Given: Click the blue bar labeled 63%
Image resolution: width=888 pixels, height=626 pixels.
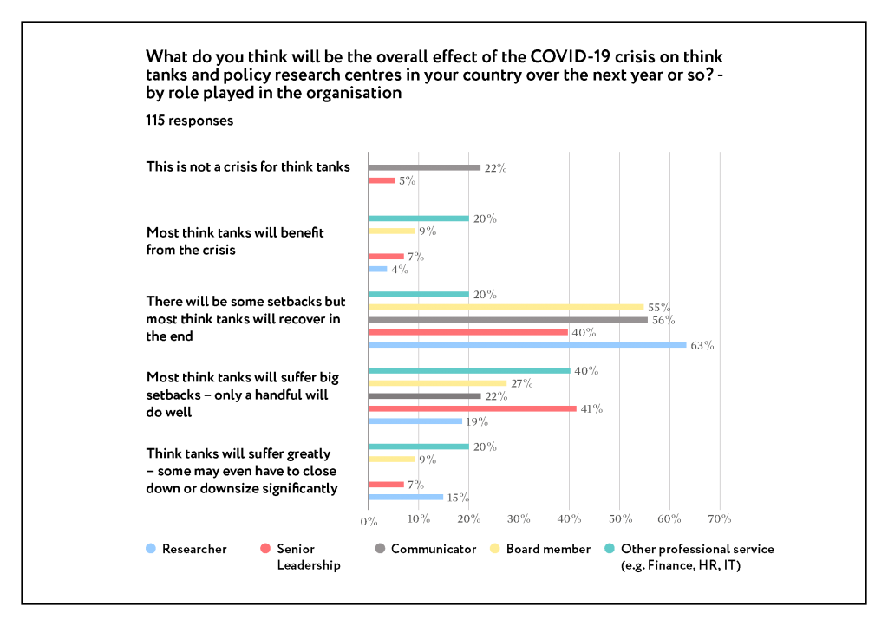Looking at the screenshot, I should pyautogui.click(x=527, y=345).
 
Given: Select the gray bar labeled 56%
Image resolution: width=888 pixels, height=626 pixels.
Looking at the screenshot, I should pyautogui.click(x=508, y=320).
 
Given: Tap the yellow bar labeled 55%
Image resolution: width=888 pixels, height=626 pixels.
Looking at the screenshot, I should pyautogui.click(x=506, y=307).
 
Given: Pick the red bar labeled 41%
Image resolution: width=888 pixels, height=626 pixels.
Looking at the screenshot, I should pyautogui.click(x=473, y=408).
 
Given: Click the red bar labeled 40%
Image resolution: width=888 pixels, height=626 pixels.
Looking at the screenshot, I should pyautogui.click(x=468, y=332).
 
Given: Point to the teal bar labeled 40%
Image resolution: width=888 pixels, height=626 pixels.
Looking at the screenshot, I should pyautogui.click(x=469, y=370).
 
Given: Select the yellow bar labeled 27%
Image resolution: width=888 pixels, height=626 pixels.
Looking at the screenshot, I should pyautogui.click(x=438, y=383).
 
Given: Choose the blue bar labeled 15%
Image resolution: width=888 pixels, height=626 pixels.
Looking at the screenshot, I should pyautogui.click(x=406, y=498).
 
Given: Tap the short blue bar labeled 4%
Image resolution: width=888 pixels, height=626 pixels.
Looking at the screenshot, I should pyautogui.click(x=378, y=269).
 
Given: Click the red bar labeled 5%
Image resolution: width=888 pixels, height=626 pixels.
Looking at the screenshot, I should pyautogui.click(x=382, y=180).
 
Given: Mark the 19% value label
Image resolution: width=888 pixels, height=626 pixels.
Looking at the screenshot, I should pyautogui.click(x=477, y=422).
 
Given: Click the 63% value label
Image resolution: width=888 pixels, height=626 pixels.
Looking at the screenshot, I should pyautogui.click(x=702, y=346).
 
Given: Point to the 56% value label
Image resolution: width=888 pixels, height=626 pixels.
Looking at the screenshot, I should pyautogui.click(x=663, y=320).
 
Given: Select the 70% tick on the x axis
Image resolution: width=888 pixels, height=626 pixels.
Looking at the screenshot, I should pyautogui.click(x=720, y=519).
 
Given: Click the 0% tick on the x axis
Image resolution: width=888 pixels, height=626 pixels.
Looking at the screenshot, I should pyautogui.click(x=369, y=521).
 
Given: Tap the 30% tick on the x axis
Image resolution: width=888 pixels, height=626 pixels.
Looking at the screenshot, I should pyautogui.click(x=519, y=519).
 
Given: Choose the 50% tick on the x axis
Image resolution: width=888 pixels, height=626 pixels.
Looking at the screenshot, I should pyautogui.click(x=619, y=519).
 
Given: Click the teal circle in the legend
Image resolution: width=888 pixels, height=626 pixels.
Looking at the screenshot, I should pyautogui.click(x=610, y=548).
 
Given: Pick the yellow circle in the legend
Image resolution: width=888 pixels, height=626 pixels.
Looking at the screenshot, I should pyautogui.click(x=494, y=548).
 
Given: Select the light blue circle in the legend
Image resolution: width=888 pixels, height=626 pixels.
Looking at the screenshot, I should pyautogui.click(x=151, y=548).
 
